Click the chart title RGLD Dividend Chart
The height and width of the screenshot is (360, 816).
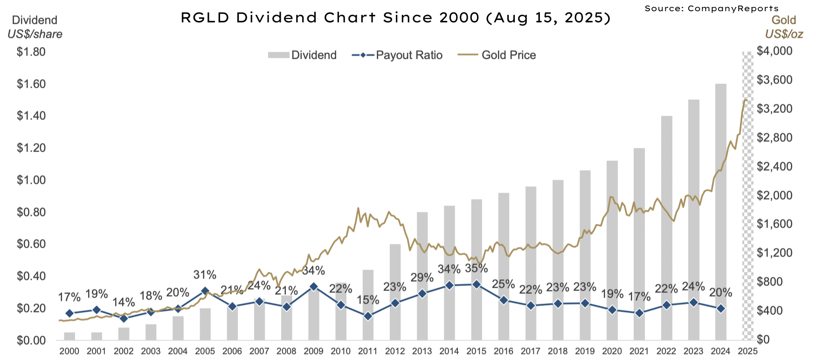(x=395, y=18)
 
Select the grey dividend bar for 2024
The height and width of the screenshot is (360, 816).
(x=720, y=210)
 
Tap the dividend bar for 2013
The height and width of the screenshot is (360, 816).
(x=422, y=275)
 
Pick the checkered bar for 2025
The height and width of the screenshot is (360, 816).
(x=747, y=196)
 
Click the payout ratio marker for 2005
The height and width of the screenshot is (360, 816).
(x=205, y=291)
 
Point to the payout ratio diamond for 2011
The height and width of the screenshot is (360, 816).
(x=368, y=316)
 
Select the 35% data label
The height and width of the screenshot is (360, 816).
(x=476, y=268)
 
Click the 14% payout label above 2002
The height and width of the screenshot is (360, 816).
(x=124, y=302)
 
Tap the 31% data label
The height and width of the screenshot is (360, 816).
(x=205, y=275)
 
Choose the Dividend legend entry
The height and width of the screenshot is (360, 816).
(x=302, y=55)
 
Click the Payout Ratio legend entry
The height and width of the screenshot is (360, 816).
(x=397, y=55)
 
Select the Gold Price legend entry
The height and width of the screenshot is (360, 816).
(x=497, y=55)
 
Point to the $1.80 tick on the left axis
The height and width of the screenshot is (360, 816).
(x=31, y=51)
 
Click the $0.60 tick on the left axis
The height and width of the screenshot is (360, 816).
(x=31, y=244)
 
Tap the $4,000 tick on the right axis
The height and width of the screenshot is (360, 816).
(x=775, y=51)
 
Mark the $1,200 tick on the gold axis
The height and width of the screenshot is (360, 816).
(x=775, y=253)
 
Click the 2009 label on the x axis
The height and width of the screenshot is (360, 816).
(x=313, y=351)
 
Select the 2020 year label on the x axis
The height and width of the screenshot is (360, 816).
(x=612, y=351)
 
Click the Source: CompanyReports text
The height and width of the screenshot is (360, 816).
(x=711, y=8)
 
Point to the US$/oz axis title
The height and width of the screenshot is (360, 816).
(x=783, y=34)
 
